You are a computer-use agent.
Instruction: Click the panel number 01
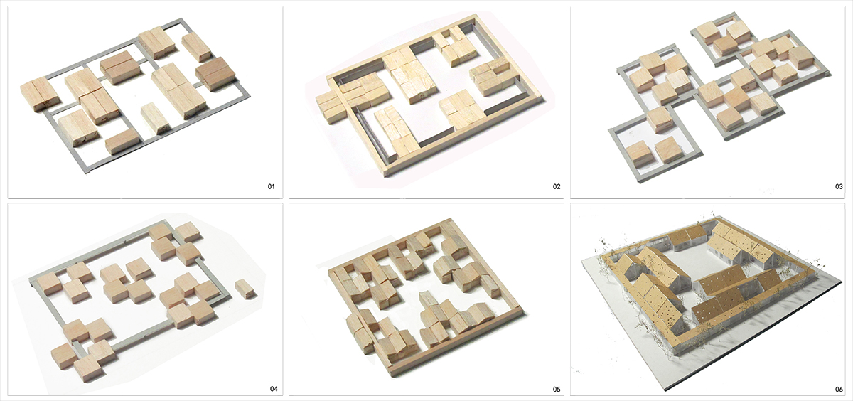pyautogui.click(x=271, y=186)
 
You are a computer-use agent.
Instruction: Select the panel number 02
pyautogui.click(x=557, y=186)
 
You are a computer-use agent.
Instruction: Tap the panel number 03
pyautogui.click(x=839, y=186)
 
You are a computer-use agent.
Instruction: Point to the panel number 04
pyautogui.click(x=274, y=389)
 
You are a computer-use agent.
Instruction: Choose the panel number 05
pyautogui.click(x=557, y=390)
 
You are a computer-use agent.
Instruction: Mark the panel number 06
pyautogui.click(x=839, y=390)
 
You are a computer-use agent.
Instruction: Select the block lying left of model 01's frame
pyautogui.click(x=40, y=94)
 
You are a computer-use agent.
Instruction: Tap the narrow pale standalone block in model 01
pyautogui.click(x=156, y=118)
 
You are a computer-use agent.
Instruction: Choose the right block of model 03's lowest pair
pyautogui.click(x=669, y=150)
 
